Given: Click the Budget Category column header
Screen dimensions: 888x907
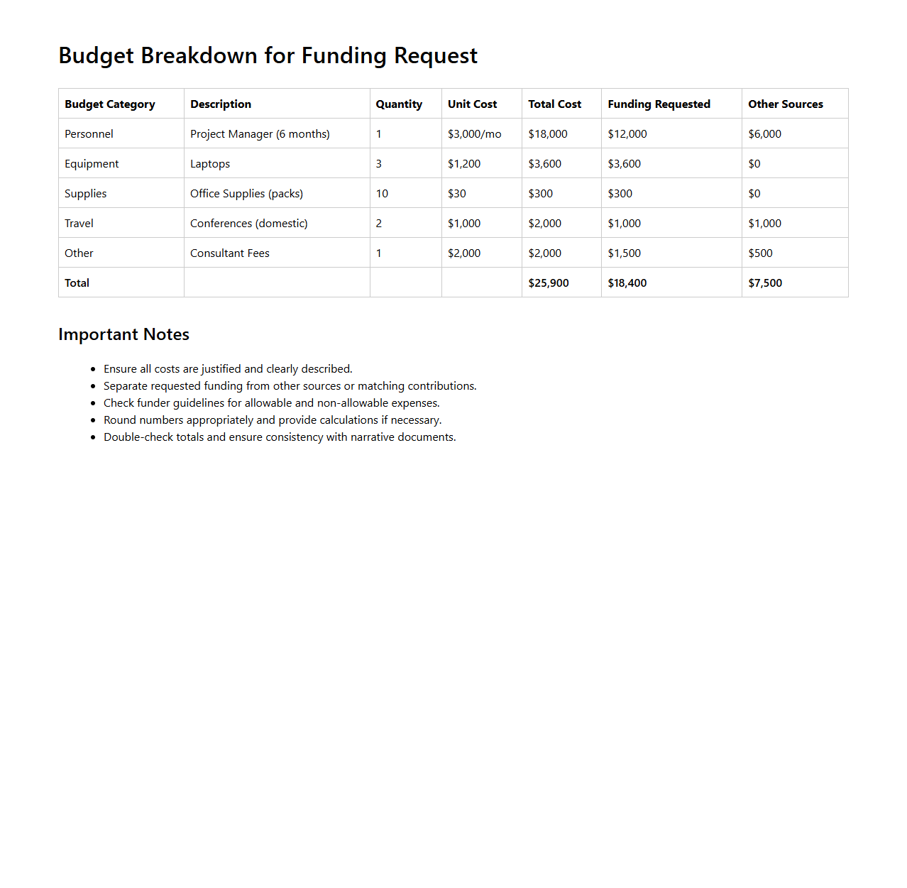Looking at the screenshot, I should coord(110,104).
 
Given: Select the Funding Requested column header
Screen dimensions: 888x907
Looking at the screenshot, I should coord(659,104).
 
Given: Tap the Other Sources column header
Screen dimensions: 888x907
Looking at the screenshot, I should coord(785,104).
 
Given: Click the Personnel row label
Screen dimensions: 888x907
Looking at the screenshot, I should coord(89,134).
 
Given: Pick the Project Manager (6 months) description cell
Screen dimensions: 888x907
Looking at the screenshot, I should coord(260,134).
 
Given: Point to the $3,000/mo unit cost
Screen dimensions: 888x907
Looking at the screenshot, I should coord(474,134).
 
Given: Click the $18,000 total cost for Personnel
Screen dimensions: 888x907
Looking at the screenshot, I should coord(547,134).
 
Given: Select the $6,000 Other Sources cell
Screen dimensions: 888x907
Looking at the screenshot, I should coord(764,134).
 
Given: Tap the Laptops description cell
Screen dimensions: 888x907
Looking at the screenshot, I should coord(210,164).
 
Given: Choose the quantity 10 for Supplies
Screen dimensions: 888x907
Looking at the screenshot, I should coord(382,194).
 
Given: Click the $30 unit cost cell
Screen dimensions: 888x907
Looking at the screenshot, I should coord(457,194).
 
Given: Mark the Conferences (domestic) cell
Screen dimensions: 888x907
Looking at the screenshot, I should coord(248,224).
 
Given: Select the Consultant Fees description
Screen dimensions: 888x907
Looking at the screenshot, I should coord(229,253).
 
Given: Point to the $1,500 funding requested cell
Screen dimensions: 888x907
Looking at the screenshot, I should coord(624,253).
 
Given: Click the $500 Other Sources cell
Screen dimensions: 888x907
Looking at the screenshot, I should coord(760,253).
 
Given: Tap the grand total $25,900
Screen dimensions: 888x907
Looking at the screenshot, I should coord(548,283).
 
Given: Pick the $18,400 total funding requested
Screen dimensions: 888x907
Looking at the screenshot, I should coord(627,283).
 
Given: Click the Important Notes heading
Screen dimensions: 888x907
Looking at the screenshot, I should coord(123,334).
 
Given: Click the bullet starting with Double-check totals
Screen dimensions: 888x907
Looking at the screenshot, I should coord(280,437).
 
